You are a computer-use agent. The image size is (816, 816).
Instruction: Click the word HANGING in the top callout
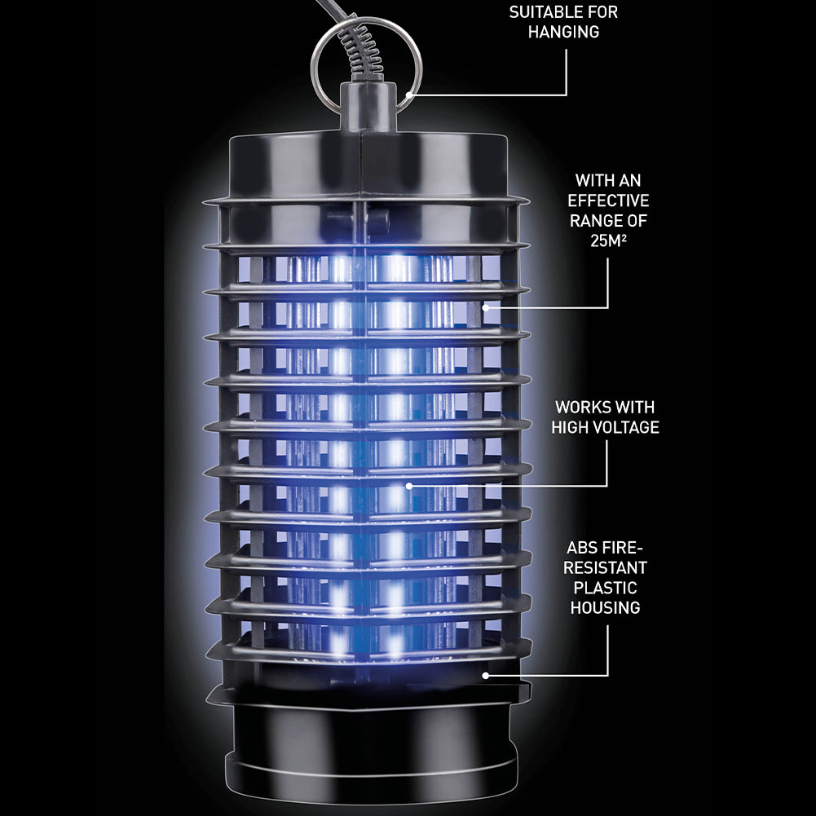tap(563, 32)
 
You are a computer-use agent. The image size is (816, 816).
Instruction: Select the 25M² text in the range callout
tap(608, 240)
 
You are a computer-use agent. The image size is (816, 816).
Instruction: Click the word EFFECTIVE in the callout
tap(608, 201)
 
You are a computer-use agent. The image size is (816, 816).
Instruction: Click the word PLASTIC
tap(605, 588)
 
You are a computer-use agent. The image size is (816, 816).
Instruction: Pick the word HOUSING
tap(605, 608)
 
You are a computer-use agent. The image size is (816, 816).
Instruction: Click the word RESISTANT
tap(605, 567)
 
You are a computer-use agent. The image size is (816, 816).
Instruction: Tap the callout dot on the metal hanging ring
tap(409, 95)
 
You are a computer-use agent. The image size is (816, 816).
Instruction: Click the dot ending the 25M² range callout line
tap(486, 307)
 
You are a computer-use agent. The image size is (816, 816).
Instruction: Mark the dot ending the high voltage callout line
tap(409, 486)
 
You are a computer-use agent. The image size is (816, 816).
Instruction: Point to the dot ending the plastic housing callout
tap(486, 676)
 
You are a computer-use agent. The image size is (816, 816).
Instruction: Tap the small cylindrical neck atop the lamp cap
tap(368, 107)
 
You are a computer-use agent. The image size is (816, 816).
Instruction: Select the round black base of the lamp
tap(371, 742)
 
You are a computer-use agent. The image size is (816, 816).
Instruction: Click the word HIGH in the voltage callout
tap(569, 427)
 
